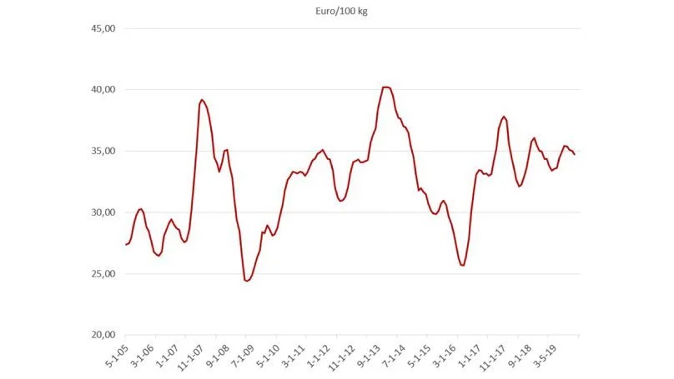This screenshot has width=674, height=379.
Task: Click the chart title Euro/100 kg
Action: (x=341, y=11)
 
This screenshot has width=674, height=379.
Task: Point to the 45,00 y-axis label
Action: (x=103, y=28)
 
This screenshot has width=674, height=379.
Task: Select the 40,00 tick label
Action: (x=103, y=89)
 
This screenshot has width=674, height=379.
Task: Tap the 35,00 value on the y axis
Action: (x=103, y=151)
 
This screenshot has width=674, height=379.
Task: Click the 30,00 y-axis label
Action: (x=103, y=212)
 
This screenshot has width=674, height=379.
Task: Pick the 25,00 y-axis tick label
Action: (x=103, y=273)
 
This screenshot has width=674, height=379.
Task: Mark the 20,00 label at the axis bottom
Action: (x=103, y=334)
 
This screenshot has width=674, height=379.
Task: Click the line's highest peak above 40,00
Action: (x=385, y=87)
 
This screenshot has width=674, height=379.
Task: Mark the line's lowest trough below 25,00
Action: (x=246, y=281)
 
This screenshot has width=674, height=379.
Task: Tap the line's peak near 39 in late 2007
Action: (x=202, y=100)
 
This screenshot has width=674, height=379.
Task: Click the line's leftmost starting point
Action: (x=126, y=244)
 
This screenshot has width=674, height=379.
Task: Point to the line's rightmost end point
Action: (x=575, y=155)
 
